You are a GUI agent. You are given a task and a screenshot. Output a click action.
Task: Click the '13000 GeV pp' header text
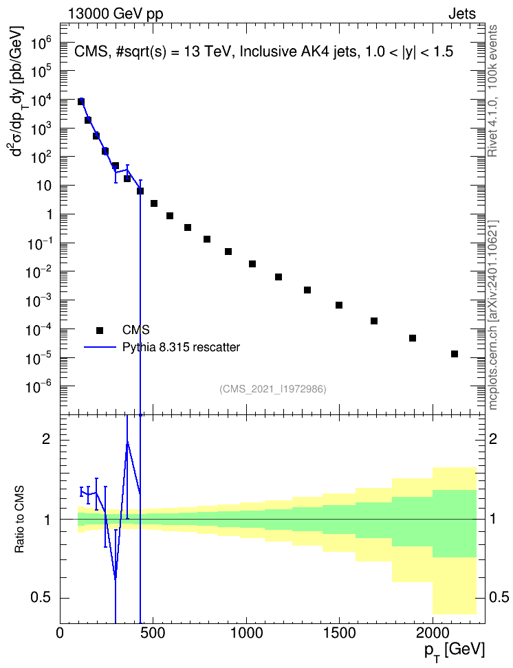(x=115, y=14)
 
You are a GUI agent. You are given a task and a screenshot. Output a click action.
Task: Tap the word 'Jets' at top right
(x=462, y=14)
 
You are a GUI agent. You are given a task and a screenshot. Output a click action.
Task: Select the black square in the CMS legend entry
(x=100, y=330)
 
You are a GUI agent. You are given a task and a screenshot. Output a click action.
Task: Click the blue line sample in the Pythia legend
(x=100, y=347)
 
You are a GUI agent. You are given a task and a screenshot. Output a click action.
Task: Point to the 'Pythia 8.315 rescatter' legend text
(x=182, y=347)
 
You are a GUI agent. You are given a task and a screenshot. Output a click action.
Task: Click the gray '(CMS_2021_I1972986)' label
(x=273, y=388)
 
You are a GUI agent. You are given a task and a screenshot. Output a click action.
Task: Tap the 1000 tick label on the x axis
(x=246, y=634)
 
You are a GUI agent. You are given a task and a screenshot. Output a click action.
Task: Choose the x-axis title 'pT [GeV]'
(x=455, y=652)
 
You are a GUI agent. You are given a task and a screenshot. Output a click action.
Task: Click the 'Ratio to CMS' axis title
(x=19, y=520)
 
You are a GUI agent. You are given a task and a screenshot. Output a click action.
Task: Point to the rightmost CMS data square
(x=455, y=354)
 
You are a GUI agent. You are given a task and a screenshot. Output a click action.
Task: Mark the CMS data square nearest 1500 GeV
(x=339, y=305)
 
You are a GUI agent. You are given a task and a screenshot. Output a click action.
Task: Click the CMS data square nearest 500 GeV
(x=154, y=203)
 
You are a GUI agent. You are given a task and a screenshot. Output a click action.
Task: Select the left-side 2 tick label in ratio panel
(x=46, y=439)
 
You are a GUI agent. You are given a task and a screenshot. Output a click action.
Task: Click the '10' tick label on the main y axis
(x=43, y=186)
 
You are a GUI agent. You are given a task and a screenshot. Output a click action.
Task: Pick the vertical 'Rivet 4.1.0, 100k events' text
(x=492, y=91)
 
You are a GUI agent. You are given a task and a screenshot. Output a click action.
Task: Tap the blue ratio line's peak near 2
(x=127, y=442)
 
